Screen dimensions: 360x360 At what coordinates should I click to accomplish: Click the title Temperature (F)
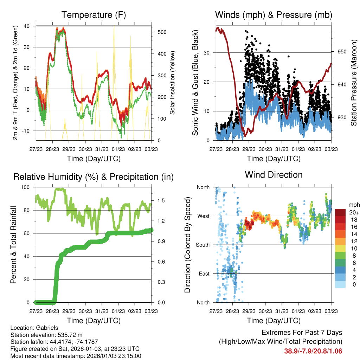point(93,15)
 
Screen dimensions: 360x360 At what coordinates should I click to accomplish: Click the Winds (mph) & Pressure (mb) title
point(274,15)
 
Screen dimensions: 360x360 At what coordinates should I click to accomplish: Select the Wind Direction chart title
point(274,174)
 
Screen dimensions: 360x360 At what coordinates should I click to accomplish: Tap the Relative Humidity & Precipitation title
point(93,177)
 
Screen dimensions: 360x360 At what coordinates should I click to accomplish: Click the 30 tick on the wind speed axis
point(207,53)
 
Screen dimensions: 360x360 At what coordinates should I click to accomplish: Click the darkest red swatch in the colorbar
point(340,212)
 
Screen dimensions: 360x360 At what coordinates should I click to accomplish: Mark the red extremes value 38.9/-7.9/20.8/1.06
point(313,351)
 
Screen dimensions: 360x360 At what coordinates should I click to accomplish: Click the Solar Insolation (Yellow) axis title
point(172,83)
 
